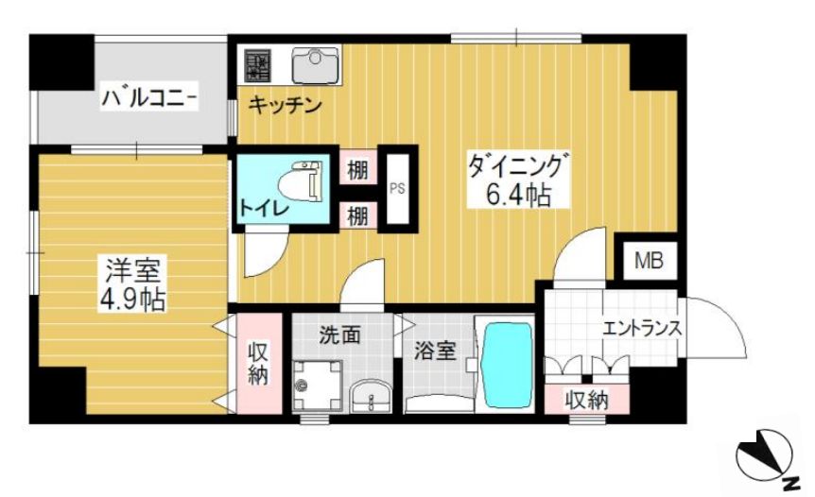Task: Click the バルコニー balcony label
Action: click(x=149, y=96)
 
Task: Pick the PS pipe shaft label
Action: click(x=397, y=187)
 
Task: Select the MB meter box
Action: click(x=648, y=260)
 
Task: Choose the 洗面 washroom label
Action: click(x=339, y=334)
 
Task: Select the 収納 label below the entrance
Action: click(x=586, y=400)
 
